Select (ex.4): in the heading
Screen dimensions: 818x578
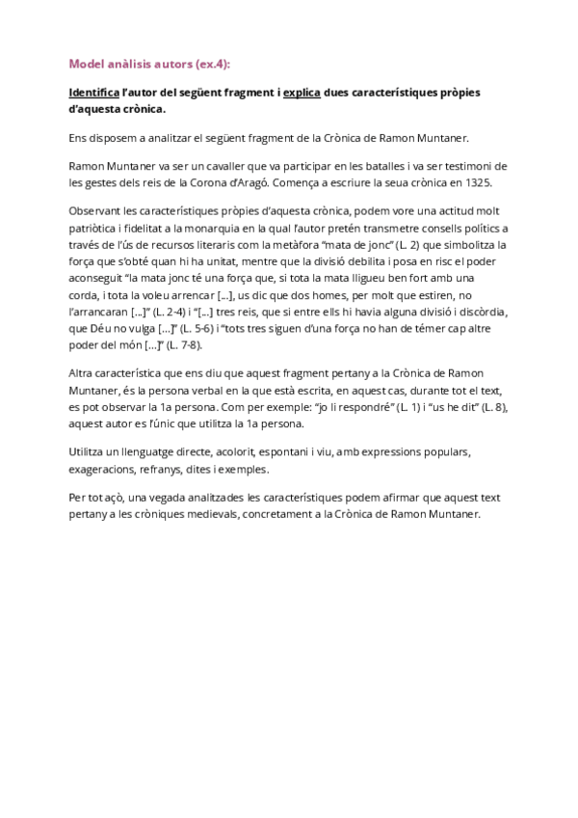[x=208, y=65]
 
